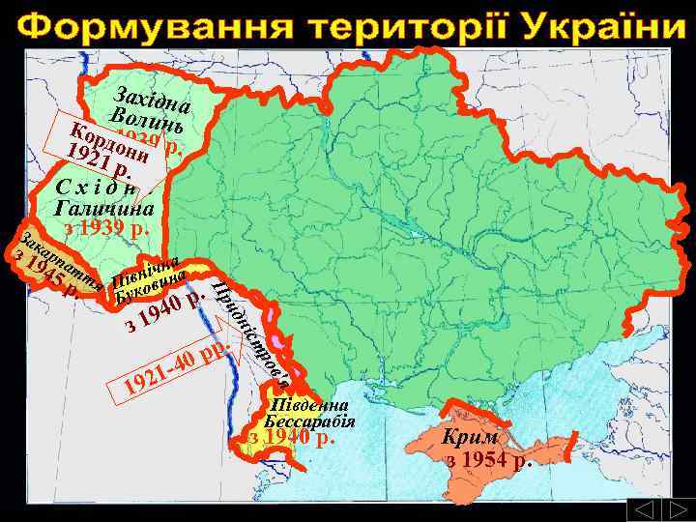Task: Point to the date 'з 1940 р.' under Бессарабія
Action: pos(291,437)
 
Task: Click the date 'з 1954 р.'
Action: pos(489,458)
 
